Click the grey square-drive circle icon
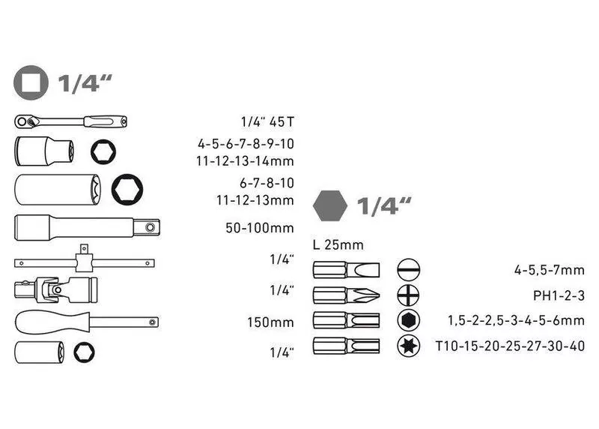[x=31, y=82]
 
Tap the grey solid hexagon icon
[x=330, y=206]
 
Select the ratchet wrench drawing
[x=70, y=121]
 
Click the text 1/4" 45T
[x=267, y=121]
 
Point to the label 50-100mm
[x=260, y=228]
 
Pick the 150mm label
[x=270, y=322]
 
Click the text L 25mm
[x=338, y=245]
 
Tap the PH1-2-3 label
[x=559, y=295]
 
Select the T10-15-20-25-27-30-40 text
[x=511, y=346]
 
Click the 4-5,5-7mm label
[x=550, y=271]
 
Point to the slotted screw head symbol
[x=408, y=270]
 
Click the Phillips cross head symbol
[x=408, y=295]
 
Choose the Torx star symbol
[x=408, y=346]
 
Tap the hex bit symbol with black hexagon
[x=408, y=320]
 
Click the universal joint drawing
[x=55, y=289]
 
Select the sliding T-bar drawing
[x=85, y=259]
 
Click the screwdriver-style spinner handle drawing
[x=87, y=322]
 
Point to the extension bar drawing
[x=87, y=228]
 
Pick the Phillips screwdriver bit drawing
[x=346, y=295]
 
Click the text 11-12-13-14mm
[x=245, y=161]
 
